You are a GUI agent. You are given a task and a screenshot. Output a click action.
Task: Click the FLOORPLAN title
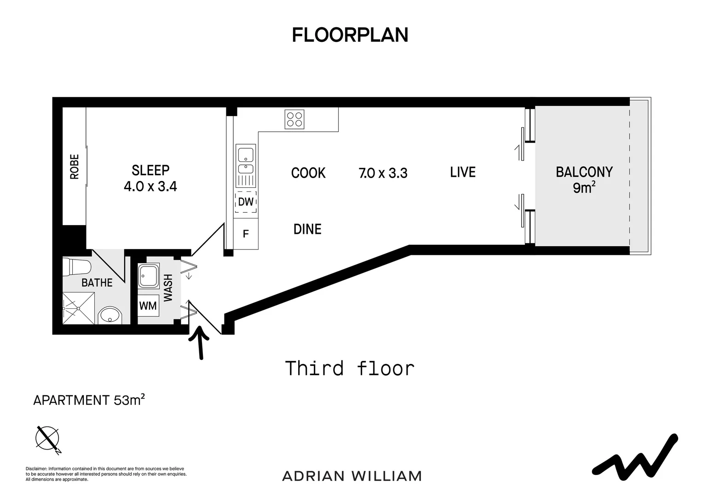tap(350, 35)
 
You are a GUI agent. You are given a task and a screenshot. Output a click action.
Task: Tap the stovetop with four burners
tap(294, 119)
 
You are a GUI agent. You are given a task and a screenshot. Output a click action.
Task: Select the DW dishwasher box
tap(246, 202)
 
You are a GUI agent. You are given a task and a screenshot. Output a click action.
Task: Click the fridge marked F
tap(246, 234)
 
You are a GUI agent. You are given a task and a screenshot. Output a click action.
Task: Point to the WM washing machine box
tap(148, 306)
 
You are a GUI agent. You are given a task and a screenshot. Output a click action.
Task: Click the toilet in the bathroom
tap(77, 267)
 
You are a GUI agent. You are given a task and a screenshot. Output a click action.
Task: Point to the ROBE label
tap(74, 167)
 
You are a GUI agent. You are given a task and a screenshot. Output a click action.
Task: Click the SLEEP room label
tap(150, 170)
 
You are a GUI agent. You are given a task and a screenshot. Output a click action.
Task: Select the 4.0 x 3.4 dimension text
tap(150, 186)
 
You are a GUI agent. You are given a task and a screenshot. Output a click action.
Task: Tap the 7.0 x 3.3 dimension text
tap(383, 173)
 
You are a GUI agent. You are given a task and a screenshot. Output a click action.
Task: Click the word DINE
tap(307, 229)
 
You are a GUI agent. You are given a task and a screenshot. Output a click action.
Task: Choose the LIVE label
tap(462, 172)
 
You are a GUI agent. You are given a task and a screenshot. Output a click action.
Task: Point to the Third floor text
tap(350, 369)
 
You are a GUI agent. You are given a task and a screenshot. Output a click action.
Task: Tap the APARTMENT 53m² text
tap(89, 400)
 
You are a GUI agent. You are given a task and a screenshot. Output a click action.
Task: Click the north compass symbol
tap(48, 438)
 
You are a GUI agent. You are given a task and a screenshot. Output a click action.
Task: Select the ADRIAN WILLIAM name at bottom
tap(352, 476)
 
